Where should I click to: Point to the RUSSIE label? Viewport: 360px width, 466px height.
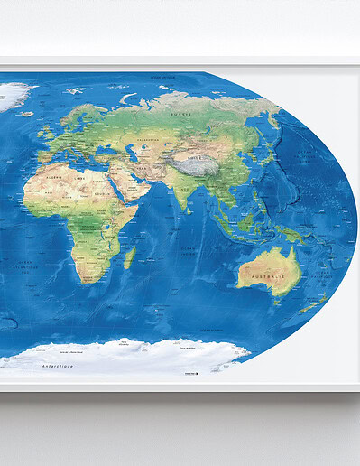pyautogui.click(x=183, y=116)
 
